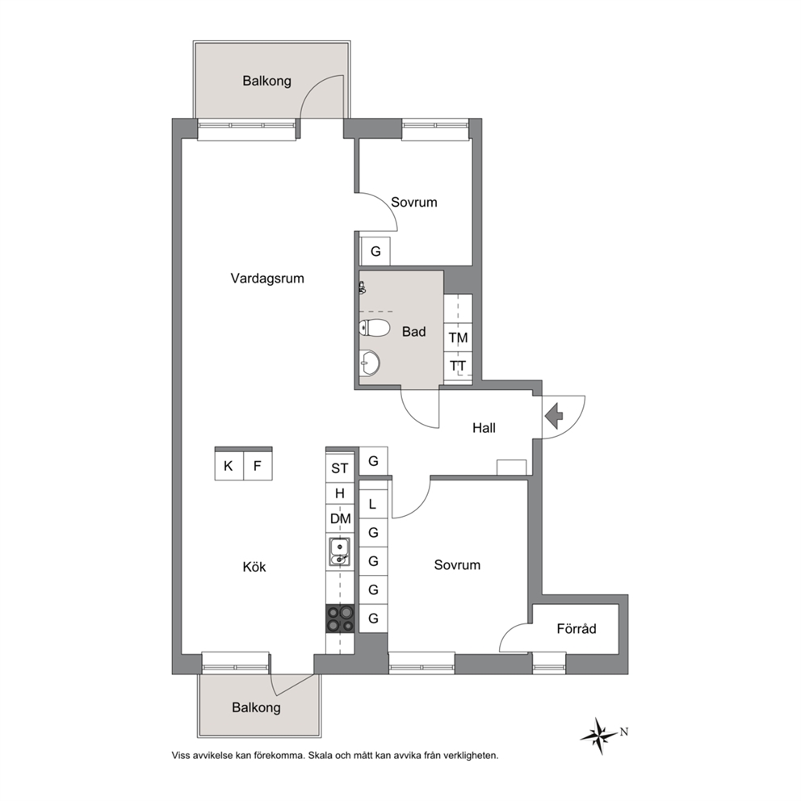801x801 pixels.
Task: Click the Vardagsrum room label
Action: [x=267, y=279]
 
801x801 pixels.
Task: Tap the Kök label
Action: [x=254, y=567]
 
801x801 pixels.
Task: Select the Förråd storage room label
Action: [x=577, y=628]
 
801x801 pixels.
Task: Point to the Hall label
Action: [x=484, y=428]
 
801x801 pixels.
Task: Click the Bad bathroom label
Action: [x=413, y=332]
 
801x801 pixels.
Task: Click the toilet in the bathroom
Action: [x=375, y=328]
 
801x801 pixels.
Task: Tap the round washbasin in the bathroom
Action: [x=370, y=363]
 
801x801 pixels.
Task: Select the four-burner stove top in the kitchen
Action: [x=340, y=619]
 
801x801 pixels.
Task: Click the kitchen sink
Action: [x=340, y=551]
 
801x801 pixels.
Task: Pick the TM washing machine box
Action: [x=458, y=338]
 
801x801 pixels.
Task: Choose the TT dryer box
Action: [x=458, y=366]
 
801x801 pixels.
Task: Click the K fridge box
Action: [x=229, y=466]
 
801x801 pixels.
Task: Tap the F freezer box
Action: [x=258, y=466]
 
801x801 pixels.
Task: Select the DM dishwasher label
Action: [x=340, y=518]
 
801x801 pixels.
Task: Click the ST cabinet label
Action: [x=340, y=468]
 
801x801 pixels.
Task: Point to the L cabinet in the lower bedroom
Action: [x=373, y=504]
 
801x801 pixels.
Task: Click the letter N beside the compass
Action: [x=623, y=732]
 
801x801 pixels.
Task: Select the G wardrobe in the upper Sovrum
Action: [x=375, y=251]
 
